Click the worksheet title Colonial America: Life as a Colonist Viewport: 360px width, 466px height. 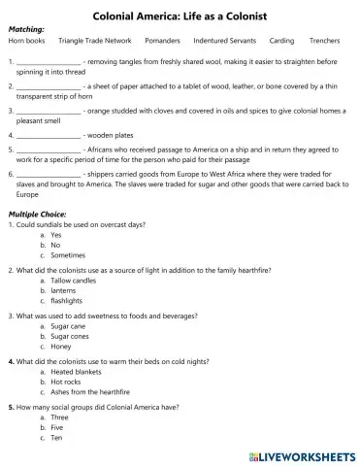[180, 17]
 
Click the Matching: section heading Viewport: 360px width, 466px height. [26, 30]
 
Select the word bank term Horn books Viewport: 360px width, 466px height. [26, 42]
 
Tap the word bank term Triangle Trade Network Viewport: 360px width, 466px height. [94, 42]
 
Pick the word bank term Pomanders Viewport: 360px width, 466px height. [162, 42]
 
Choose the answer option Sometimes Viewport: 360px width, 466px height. [69, 256]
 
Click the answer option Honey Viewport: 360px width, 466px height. [61, 346]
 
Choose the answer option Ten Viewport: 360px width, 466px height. [57, 438]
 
